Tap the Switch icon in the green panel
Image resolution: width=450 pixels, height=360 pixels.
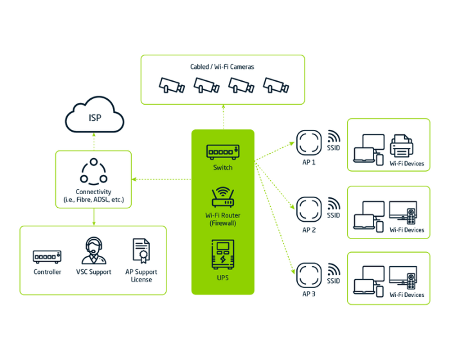223,152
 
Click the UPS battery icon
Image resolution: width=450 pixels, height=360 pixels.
222,255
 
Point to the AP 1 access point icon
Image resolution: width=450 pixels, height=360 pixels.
309,142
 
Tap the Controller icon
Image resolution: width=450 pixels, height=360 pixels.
47,256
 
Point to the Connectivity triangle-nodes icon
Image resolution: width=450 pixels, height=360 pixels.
94,171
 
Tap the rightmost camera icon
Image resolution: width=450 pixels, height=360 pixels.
276,84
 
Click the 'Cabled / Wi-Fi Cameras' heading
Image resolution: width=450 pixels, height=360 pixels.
222,67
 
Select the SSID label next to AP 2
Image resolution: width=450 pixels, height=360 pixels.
333,215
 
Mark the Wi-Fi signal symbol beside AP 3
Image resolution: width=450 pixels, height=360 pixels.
334,269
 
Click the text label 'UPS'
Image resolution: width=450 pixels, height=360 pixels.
222,278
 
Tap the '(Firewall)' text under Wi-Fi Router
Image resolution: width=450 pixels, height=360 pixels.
222,223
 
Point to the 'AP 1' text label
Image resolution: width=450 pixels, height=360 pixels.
309,163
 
